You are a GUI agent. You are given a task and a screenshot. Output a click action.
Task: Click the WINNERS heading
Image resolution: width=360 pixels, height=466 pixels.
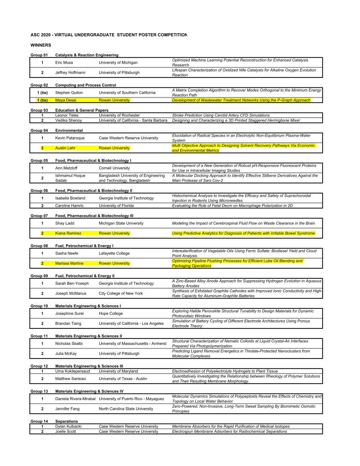[x=41, y=45]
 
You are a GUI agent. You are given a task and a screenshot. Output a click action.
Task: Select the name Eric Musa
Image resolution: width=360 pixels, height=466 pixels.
[x=64, y=62]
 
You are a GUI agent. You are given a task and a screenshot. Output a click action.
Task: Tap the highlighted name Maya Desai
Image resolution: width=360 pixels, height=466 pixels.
[x=64, y=100]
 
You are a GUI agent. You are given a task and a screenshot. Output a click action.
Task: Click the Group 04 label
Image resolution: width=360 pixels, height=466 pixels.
[x=39, y=130]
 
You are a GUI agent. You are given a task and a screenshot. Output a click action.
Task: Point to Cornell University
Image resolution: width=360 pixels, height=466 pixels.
[x=114, y=168]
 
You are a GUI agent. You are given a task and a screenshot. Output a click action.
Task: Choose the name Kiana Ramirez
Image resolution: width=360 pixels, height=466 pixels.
[x=68, y=233]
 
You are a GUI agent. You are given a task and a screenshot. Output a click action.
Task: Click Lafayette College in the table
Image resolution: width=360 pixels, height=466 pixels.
[x=114, y=253]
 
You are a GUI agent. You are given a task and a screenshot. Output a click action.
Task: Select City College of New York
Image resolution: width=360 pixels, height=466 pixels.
[x=121, y=293]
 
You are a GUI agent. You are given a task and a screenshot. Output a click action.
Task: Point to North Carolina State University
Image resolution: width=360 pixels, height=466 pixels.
[x=126, y=409]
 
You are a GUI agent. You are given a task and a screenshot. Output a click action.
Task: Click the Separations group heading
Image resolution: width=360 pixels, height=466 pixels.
[x=66, y=421]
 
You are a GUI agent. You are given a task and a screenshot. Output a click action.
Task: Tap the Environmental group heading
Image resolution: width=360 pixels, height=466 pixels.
[x=69, y=130]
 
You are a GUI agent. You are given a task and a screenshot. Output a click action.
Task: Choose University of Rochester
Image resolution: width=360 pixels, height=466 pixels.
[x=119, y=115]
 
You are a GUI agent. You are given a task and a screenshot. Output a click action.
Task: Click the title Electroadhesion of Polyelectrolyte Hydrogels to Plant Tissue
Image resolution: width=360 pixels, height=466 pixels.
[x=225, y=371]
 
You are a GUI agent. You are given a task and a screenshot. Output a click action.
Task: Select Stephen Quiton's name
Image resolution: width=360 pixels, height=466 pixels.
[x=69, y=92]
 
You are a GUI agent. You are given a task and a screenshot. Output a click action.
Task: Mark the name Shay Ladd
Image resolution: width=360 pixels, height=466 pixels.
[x=65, y=223]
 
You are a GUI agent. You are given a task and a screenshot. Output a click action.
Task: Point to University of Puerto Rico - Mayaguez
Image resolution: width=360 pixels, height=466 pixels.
[x=131, y=399]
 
